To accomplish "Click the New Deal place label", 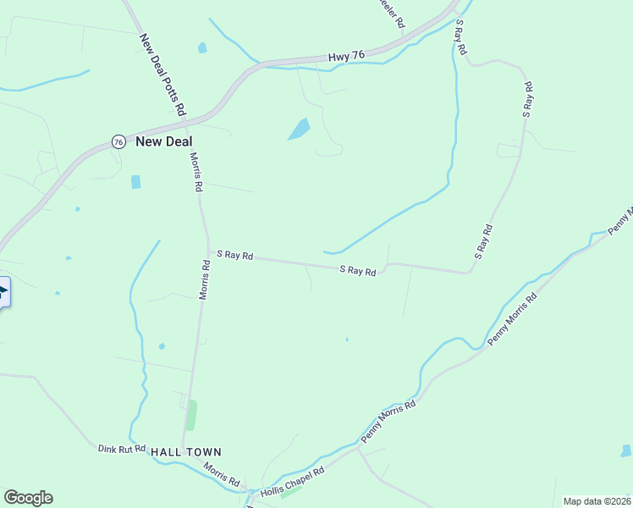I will (x=164, y=141).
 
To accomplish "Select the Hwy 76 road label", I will (x=346, y=57).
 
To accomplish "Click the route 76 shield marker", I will (x=118, y=141).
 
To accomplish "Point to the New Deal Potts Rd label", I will (x=162, y=75).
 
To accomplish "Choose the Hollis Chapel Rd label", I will (x=293, y=483).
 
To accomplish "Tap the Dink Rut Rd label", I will (x=122, y=449).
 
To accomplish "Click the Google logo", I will (x=28, y=498).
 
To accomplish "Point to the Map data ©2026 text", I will (x=597, y=501).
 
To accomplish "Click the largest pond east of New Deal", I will (x=299, y=129).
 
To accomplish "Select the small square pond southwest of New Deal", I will (x=135, y=182).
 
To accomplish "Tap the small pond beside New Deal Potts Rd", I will (x=202, y=48).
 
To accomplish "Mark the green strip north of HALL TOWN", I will (x=191, y=415).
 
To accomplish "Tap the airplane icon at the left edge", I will (x=3, y=293).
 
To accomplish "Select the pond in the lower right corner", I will (x=626, y=450).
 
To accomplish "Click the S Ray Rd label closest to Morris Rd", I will (x=235, y=254).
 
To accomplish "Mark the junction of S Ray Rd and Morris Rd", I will (x=209, y=252).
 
